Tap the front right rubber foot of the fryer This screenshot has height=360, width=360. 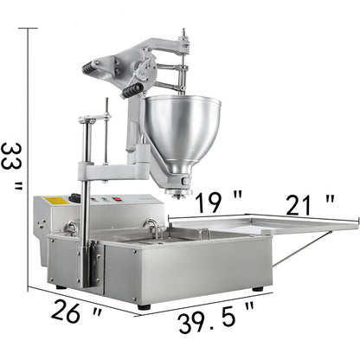257,288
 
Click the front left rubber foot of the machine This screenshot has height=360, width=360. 144,306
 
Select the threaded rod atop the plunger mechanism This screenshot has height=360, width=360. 183,43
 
